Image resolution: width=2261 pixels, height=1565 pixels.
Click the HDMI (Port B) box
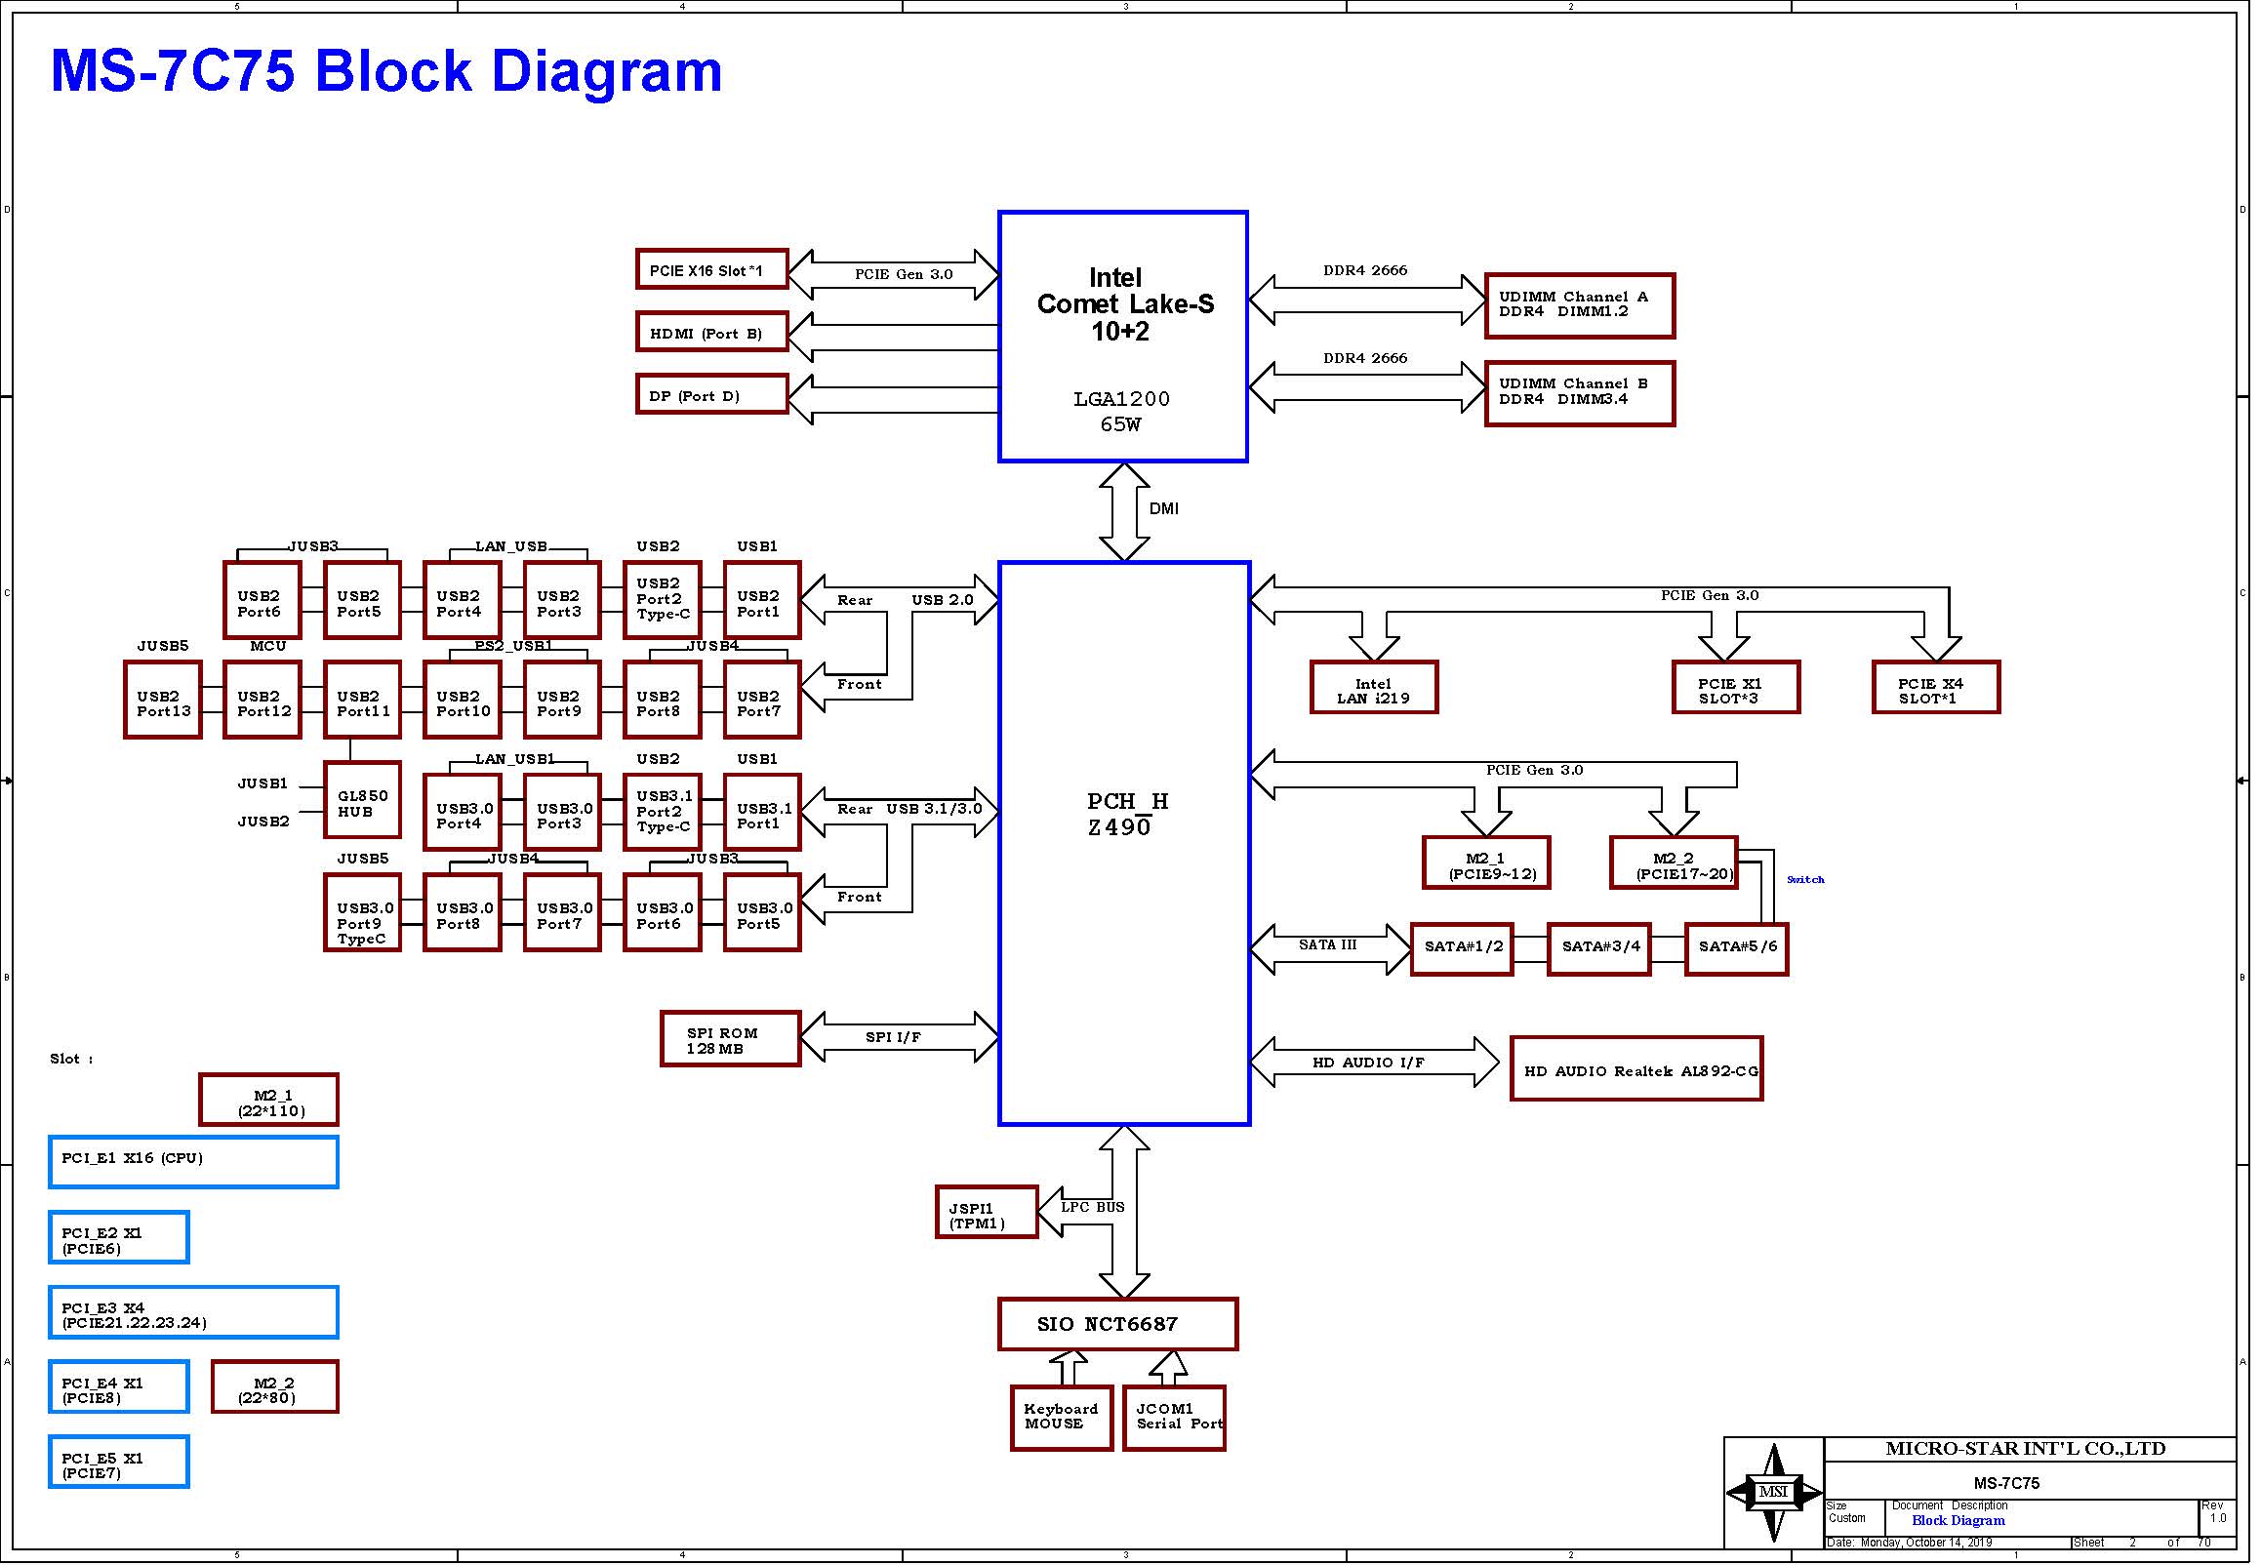click(711, 332)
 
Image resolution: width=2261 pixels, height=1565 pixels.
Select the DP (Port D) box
click(711, 394)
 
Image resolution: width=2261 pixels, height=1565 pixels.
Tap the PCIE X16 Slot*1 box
click(711, 268)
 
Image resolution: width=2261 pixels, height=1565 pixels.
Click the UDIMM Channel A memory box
click(1580, 306)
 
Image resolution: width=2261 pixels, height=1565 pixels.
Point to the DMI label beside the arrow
click(1164, 508)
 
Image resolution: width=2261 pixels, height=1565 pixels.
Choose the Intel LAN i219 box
click(1374, 688)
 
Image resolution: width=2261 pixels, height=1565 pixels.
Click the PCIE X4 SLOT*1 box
click(1935, 688)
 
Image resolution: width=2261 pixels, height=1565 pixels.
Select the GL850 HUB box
click(362, 800)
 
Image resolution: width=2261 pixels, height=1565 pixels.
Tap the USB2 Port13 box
click(163, 701)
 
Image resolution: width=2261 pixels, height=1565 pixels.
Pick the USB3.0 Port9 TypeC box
click(362, 913)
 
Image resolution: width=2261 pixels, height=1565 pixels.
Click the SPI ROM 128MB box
click(731, 1039)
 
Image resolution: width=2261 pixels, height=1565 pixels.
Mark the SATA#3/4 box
click(1599, 948)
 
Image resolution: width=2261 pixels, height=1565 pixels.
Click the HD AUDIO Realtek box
click(1636, 1068)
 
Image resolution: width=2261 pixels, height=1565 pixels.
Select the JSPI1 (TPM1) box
click(987, 1212)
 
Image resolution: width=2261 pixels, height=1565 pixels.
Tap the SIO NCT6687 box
click(1117, 1324)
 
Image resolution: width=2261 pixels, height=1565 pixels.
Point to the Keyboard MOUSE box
click(1062, 1418)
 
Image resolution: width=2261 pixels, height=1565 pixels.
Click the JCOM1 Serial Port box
click(1175, 1418)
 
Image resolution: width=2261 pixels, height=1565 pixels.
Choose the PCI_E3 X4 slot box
click(193, 1312)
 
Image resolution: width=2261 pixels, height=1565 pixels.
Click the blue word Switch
click(1805, 879)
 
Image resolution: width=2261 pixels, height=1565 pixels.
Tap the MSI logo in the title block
click(1774, 1492)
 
